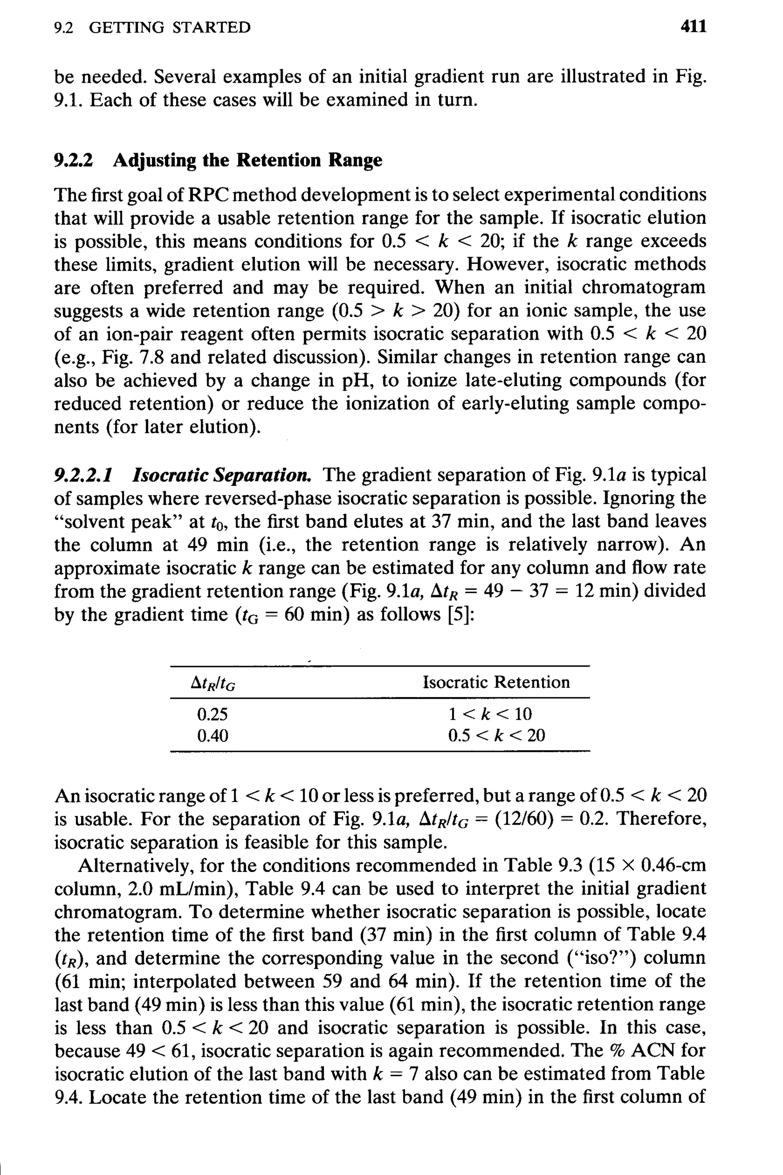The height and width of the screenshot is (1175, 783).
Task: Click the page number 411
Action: [x=694, y=26]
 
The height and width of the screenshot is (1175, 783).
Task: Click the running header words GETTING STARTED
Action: [x=169, y=27]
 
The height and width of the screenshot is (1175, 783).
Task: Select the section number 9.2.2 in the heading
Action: [x=73, y=160]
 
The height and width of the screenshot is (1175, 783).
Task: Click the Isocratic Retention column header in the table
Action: [x=496, y=682]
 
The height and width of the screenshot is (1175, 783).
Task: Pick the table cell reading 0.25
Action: [x=212, y=714]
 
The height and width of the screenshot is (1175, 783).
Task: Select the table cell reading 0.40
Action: [x=212, y=736]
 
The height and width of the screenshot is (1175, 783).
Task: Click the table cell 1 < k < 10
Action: [x=490, y=714]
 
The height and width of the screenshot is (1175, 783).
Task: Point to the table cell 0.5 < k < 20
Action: [x=496, y=736]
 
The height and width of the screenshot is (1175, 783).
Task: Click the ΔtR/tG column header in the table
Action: [x=213, y=683]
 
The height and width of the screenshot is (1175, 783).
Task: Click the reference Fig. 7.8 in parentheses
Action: [x=133, y=357]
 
